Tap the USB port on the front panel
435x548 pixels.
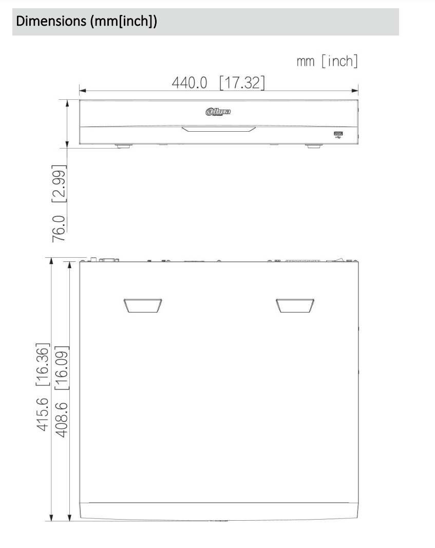338,135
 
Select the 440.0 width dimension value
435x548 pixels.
191,82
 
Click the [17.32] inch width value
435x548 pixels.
242,82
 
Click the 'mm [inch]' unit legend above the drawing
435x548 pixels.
327,62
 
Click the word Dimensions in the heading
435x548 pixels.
46,23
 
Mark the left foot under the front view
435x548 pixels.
123,146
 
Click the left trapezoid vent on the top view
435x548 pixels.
142,306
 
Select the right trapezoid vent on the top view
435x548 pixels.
294,306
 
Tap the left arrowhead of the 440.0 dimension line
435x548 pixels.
82,91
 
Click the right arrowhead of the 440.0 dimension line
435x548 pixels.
355,91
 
